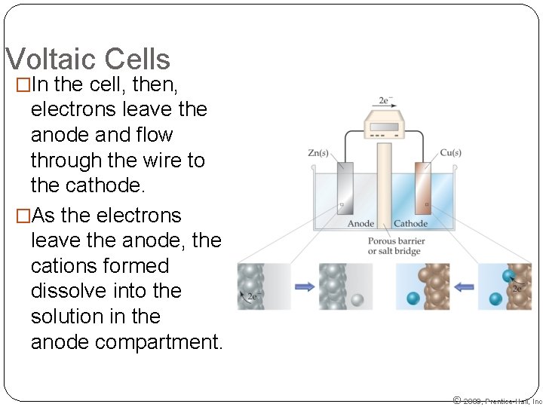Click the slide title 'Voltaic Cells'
click(x=87, y=60)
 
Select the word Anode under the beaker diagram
click(x=360, y=224)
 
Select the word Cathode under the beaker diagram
click(x=411, y=224)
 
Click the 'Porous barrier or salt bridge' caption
click(x=396, y=246)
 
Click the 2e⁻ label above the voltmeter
click(x=384, y=100)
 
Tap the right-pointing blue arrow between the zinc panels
click(x=305, y=286)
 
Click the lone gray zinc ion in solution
click(x=357, y=299)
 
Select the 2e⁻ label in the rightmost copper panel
click(x=517, y=289)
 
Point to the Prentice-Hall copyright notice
click(x=497, y=401)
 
